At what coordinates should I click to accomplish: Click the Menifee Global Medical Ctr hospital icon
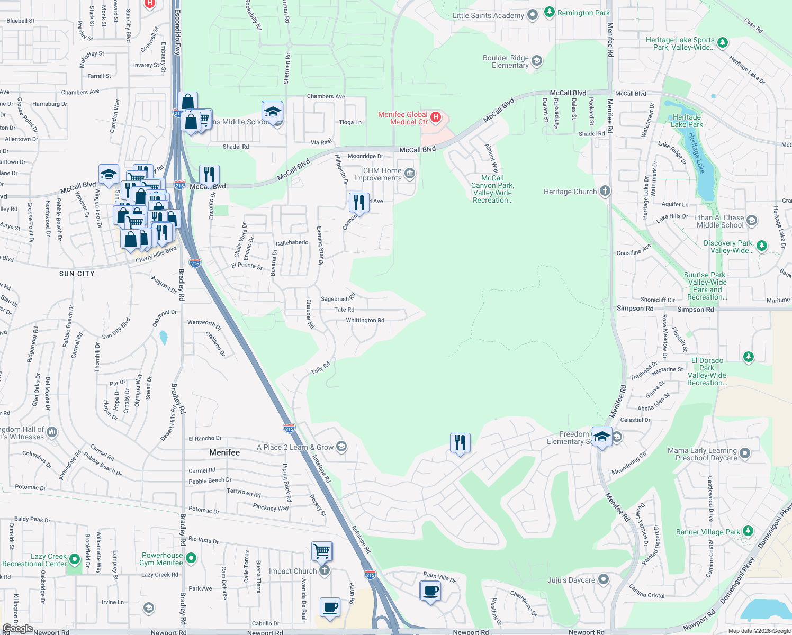coord(436,117)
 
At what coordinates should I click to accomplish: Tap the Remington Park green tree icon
coord(550,12)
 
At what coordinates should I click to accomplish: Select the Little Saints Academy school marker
coord(533,15)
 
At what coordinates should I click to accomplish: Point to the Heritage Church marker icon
coord(605,192)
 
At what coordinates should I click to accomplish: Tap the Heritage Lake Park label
coord(687,121)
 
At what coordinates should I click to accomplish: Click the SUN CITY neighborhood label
coord(77,274)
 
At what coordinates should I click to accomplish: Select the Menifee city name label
coord(224,452)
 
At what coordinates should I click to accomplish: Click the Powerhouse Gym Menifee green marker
coord(191,558)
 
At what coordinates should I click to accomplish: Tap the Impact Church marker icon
coord(325,570)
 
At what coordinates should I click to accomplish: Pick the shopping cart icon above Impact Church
coord(322,551)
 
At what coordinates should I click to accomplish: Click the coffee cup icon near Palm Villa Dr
coord(430,591)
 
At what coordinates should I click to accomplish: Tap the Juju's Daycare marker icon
coord(603,579)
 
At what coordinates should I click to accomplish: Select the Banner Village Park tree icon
coord(748,531)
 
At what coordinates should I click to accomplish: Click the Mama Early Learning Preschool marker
coord(745,453)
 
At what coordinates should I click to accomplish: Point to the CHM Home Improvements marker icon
coord(409,174)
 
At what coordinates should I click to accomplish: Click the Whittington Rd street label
coord(365,320)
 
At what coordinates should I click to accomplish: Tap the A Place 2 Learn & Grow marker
coord(341,447)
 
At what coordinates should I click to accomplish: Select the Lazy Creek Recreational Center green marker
coord(75,559)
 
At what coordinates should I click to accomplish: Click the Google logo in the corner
coord(17,629)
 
